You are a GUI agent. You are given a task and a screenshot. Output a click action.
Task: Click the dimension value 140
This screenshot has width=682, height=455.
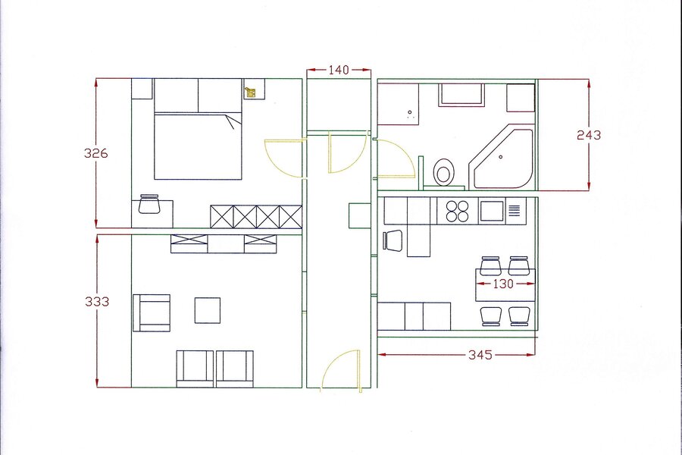pyautogui.click(x=339, y=70)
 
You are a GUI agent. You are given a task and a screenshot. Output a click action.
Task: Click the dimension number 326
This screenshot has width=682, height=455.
pyautogui.click(x=95, y=153)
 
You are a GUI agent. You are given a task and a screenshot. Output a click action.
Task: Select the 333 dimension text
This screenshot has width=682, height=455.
pyautogui.click(x=96, y=301)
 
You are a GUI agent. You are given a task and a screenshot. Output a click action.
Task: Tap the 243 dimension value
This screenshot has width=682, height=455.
pyautogui.click(x=589, y=136)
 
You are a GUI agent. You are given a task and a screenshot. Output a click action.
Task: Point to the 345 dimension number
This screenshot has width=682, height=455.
pyautogui.click(x=480, y=355)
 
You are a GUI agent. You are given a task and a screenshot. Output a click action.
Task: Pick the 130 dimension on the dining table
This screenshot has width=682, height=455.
pyautogui.click(x=503, y=284)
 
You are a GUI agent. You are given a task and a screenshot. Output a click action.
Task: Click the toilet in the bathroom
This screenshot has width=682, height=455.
pyautogui.click(x=444, y=172)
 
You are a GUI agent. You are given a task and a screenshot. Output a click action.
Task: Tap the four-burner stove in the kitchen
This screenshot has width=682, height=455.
pyautogui.click(x=458, y=211)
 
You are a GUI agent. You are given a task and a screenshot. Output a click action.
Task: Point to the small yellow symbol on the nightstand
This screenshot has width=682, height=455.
pyautogui.click(x=251, y=92)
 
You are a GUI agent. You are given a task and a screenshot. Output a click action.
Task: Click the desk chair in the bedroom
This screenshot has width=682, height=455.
pyautogui.click(x=149, y=203)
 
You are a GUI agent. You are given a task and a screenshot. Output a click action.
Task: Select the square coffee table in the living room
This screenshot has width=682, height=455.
pyautogui.click(x=208, y=310)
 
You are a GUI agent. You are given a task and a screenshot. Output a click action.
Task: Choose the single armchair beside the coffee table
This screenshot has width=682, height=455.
pyautogui.click(x=152, y=312)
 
